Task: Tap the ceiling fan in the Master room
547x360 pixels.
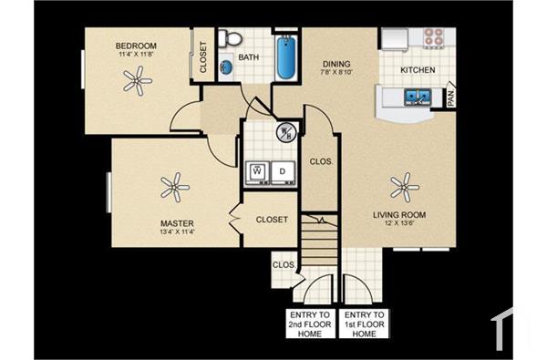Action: coord(174,190)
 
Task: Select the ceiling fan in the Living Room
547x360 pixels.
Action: coord(404,188)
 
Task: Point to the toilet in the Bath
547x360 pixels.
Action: coord(231,37)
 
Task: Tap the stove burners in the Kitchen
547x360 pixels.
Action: coord(433,38)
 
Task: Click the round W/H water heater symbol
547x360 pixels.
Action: coord(285,133)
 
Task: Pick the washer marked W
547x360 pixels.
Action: coord(258,170)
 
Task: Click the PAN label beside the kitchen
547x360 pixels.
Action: coord(451,98)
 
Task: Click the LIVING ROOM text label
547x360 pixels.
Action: coord(399,215)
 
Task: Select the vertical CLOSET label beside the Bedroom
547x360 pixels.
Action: coord(203,57)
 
